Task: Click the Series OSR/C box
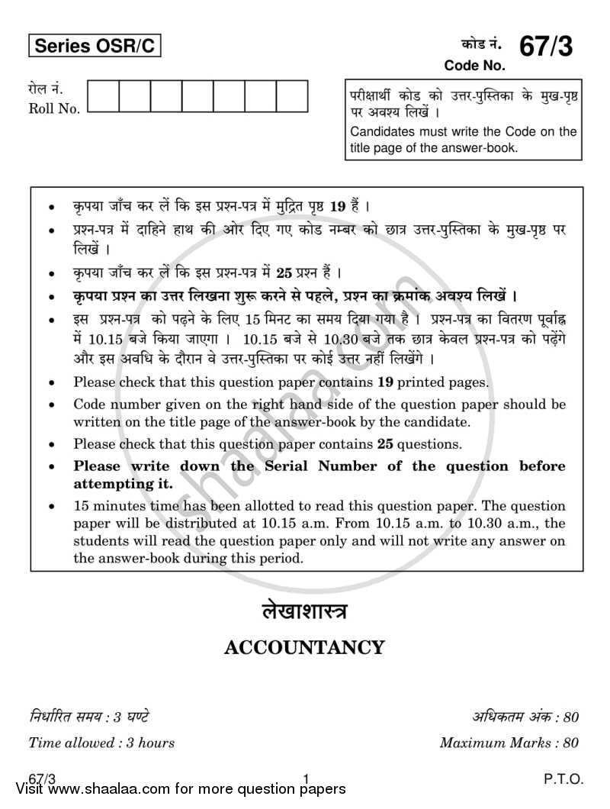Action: coord(95,47)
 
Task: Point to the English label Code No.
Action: coord(474,66)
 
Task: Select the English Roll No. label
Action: coord(54,108)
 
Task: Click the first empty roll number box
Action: coord(103,96)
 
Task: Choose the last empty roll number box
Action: coord(291,96)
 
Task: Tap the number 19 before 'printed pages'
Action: coord(385,382)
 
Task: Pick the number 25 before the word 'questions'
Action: coord(385,443)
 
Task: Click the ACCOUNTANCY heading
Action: coord(304,648)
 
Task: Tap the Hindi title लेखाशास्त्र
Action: coord(304,611)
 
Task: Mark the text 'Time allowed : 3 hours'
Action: coord(101,742)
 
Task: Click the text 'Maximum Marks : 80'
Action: coord(509,742)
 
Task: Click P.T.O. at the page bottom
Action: coord(563,779)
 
